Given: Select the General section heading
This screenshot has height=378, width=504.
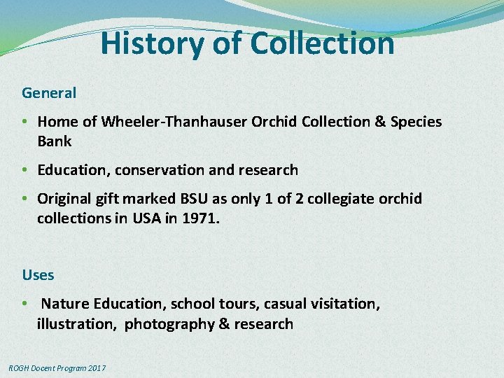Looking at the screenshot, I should coord(49,92).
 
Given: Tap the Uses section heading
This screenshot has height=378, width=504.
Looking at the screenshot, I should coord(38,274).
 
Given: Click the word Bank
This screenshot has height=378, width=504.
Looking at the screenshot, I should coord(55,141).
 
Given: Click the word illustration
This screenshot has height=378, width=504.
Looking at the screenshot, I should coord(77,324).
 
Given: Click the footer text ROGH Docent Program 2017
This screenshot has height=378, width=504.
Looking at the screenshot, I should coord(57,367).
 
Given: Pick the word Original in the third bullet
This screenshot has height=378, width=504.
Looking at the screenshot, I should coord(66,199).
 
